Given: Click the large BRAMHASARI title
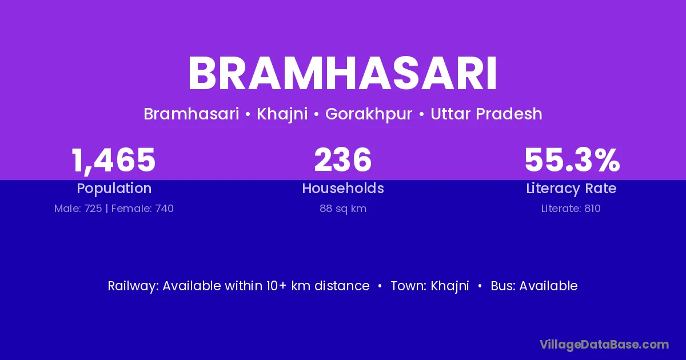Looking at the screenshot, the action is [342, 73].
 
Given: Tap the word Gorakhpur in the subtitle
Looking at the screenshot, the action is [369, 114].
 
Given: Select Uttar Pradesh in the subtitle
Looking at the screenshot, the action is [486, 114].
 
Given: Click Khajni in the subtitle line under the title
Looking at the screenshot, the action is [282, 114].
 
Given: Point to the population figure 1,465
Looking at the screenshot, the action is [114, 161].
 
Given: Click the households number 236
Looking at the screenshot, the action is [342, 160].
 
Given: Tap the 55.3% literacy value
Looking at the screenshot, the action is [572, 160].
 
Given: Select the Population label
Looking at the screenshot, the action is [114, 189].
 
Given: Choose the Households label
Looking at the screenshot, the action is [342, 188].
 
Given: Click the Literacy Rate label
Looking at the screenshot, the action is [571, 189].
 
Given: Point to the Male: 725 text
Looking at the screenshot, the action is [78, 209].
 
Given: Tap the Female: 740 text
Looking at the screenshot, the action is [142, 209].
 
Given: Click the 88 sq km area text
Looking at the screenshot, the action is [343, 209].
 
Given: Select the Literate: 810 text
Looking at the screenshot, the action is [571, 209].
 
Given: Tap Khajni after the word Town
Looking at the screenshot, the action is [449, 286].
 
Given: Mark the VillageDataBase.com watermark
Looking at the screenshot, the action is [604, 345].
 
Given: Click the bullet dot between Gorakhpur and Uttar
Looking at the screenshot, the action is [421, 115].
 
